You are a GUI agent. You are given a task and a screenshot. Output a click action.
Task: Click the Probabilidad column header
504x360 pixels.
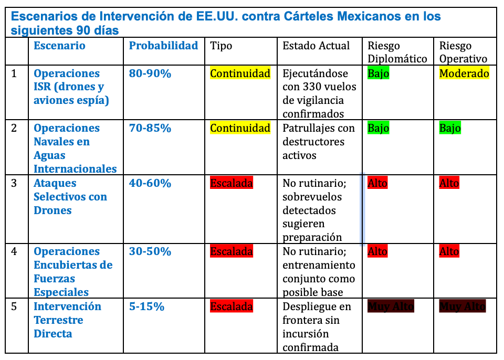point(163,46)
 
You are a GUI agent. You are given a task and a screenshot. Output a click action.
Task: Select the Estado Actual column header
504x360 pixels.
point(316,46)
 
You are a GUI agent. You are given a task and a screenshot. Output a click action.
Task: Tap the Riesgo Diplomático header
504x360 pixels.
point(397,52)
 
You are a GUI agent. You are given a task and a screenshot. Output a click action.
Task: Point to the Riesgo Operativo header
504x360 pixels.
point(463,52)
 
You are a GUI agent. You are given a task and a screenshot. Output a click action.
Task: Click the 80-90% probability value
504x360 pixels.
point(150,73)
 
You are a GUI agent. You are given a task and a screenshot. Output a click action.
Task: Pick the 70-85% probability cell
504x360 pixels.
point(150,128)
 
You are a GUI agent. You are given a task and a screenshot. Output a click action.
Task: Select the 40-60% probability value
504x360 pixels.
point(150,183)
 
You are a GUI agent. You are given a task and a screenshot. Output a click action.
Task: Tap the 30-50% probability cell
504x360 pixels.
point(150,251)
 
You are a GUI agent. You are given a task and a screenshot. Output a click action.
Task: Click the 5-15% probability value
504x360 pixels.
point(147,306)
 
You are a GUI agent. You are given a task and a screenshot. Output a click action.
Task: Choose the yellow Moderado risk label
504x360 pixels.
point(464,73)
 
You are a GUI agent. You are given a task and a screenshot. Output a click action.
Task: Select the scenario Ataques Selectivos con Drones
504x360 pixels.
point(70,197)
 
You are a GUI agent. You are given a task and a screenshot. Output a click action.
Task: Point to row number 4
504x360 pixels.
point(14,251)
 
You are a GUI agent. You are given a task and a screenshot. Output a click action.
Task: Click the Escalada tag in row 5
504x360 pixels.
point(232,306)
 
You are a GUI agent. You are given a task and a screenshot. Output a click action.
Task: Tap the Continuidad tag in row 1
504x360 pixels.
point(240,73)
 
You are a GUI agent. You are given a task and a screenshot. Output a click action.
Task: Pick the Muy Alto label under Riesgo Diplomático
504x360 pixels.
point(391,306)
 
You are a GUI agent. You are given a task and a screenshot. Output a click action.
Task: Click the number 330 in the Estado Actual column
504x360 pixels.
point(313,87)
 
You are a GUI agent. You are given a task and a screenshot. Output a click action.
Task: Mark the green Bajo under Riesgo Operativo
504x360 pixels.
point(450,128)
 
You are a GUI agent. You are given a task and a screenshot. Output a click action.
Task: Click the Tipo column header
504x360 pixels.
point(221,46)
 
